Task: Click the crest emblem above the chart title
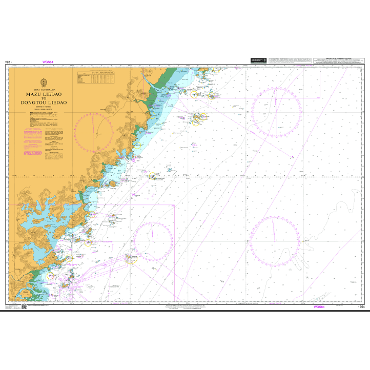coord(44,83)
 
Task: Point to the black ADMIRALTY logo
coord(258,60)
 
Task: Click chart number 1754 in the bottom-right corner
coord(360,306)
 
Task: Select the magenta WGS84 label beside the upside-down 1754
coord(49,62)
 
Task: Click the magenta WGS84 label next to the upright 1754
coord(319,306)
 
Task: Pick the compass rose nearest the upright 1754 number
coord(275,238)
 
